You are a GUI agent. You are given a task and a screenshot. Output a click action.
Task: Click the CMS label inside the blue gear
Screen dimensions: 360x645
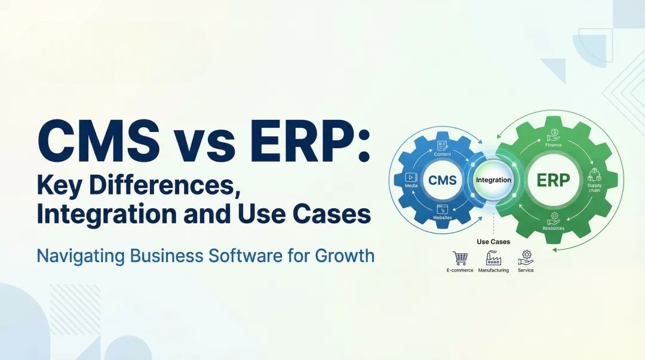pos(443,180)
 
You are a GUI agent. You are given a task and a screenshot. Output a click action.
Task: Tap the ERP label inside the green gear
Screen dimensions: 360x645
pos(553,180)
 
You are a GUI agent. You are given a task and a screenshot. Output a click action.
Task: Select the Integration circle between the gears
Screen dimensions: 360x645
pos(493,180)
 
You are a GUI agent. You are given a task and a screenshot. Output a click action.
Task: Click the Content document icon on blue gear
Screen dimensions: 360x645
pos(443,145)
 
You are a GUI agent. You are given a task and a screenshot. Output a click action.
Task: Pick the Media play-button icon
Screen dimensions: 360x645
pos(410,177)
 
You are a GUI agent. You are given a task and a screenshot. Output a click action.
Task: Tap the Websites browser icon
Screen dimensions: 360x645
pos(443,209)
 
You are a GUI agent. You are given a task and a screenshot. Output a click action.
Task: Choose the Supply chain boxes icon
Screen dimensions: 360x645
pos(594,175)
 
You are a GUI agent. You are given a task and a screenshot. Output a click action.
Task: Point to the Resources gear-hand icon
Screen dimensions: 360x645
pos(554,219)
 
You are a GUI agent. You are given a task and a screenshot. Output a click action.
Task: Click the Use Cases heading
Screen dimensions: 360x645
pos(493,242)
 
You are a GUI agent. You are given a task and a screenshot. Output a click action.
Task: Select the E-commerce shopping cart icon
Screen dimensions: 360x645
pos(460,258)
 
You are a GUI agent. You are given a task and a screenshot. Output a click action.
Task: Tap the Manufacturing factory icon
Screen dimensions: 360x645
pos(493,258)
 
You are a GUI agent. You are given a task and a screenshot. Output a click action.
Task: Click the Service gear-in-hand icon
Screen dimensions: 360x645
pos(526,257)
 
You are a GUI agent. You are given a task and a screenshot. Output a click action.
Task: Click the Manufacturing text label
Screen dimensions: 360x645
pos(493,270)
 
